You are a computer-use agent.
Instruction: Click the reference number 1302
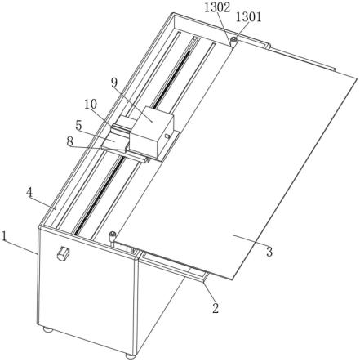click(217, 8)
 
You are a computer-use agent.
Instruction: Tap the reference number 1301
click(248, 17)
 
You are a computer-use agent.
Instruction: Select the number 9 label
click(114, 82)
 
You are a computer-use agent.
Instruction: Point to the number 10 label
click(91, 104)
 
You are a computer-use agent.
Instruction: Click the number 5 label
click(78, 126)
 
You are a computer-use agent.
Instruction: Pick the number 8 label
click(70, 141)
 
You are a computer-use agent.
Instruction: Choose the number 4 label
click(29, 193)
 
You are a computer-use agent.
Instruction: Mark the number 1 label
click(4, 236)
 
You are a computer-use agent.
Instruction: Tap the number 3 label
click(269, 252)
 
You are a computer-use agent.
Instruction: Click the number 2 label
click(216, 308)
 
